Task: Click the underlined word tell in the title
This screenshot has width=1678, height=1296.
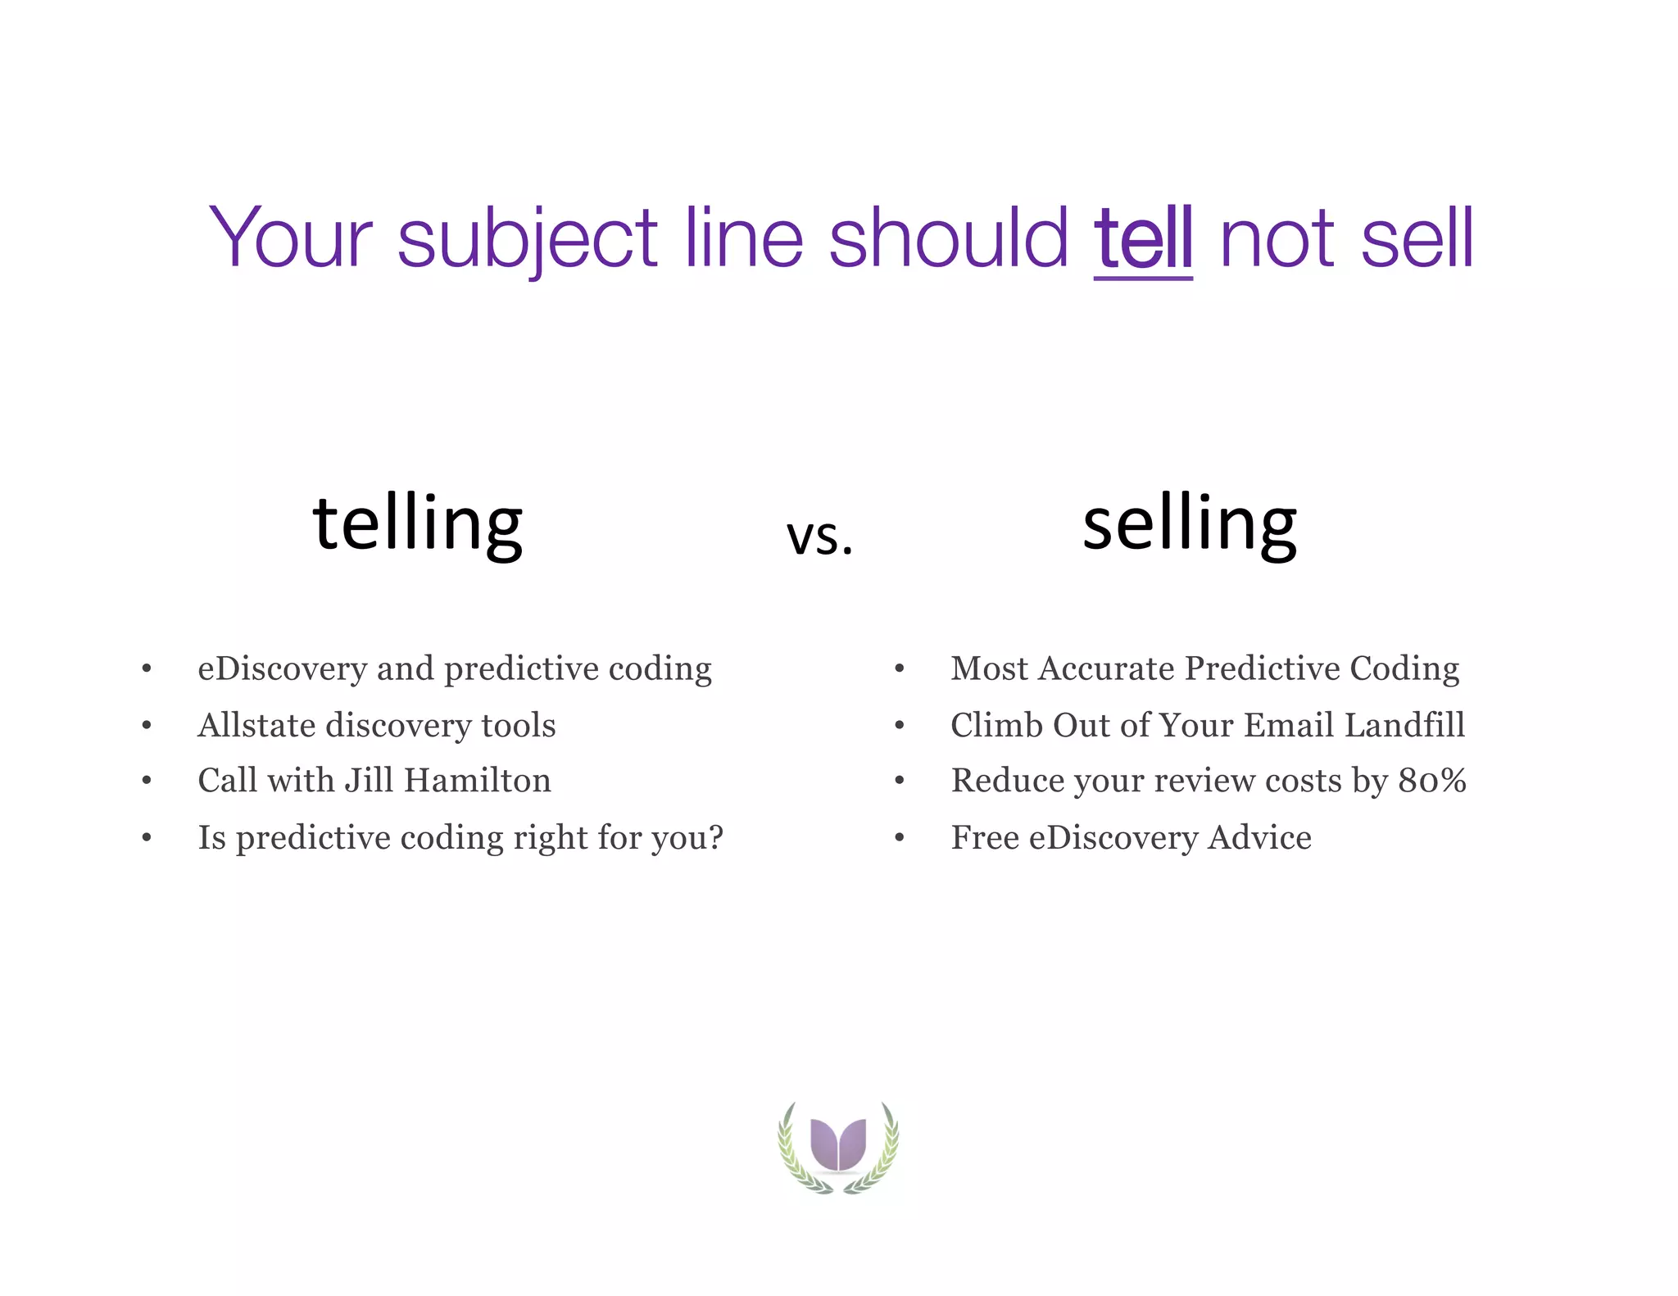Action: (1143, 238)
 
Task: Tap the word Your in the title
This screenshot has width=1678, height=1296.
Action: (291, 238)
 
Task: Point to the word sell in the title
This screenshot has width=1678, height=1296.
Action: (1417, 238)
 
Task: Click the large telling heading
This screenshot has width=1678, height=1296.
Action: (417, 524)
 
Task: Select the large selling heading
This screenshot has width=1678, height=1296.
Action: (1189, 524)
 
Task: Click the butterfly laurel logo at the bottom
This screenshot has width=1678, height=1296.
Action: (838, 1146)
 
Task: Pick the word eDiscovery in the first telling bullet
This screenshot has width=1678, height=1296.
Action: (283, 669)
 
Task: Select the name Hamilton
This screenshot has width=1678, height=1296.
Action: (477, 781)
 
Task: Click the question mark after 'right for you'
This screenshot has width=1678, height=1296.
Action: (715, 837)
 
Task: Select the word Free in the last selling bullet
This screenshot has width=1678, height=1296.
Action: (983, 838)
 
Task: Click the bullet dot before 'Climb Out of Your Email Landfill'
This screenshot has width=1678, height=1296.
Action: (900, 726)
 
